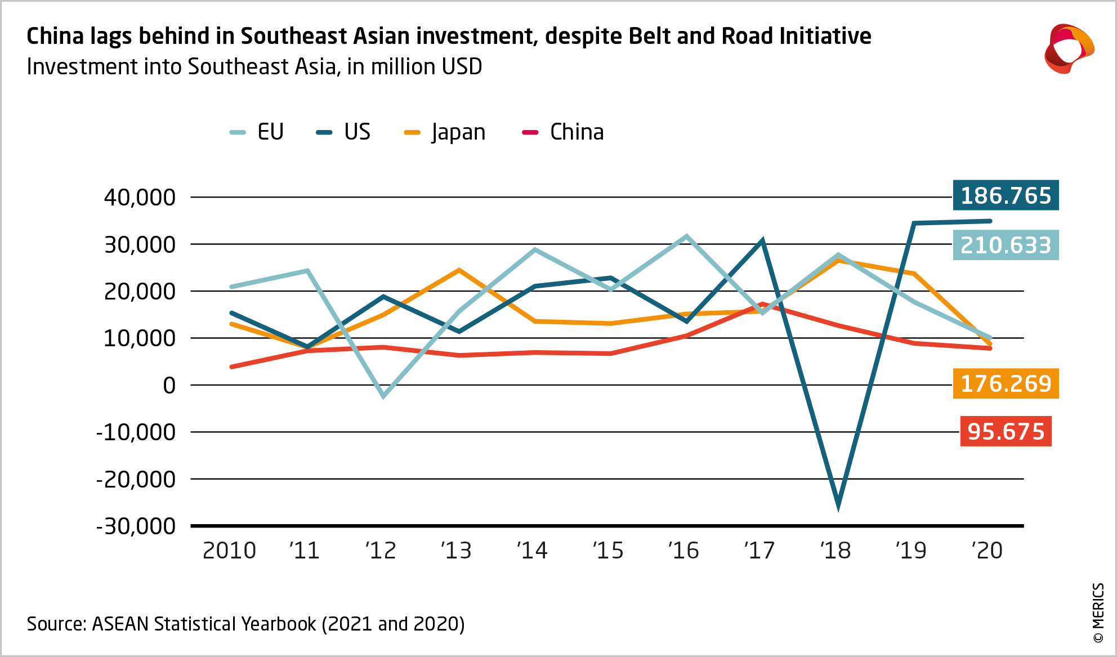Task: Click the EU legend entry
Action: pyautogui.click(x=258, y=132)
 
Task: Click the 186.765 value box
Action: pyautogui.click(x=1006, y=195)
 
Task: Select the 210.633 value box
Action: pyautogui.click(x=1006, y=245)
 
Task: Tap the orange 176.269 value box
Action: pyautogui.click(x=1006, y=383)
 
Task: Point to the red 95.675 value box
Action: pyautogui.click(x=1006, y=432)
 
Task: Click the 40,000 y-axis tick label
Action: pyautogui.click(x=140, y=198)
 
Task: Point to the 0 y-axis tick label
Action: pyautogui.click(x=169, y=386)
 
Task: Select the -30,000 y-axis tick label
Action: pyautogui.click(x=136, y=526)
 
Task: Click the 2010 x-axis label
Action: pyautogui.click(x=229, y=551)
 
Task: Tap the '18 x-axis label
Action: pyautogui.click(x=835, y=551)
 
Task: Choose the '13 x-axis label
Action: pyautogui.click(x=456, y=551)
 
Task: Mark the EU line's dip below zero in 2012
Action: pyautogui.click(x=383, y=395)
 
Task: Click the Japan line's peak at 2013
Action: pyautogui.click(x=459, y=271)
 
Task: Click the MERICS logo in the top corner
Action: pyautogui.click(x=1069, y=49)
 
